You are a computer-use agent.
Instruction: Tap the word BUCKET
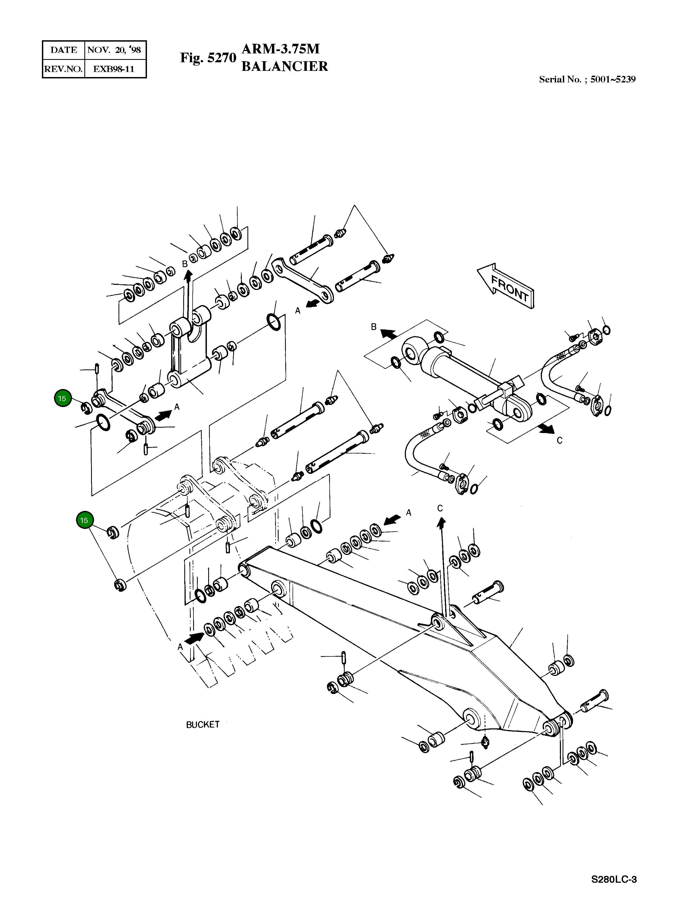(203, 725)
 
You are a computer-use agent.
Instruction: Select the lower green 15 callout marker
(84, 521)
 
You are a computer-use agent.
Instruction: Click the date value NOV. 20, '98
(114, 50)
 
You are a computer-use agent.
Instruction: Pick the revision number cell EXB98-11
(114, 69)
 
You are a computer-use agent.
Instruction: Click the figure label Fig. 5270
(208, 58)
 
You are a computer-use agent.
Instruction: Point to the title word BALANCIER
(285, 66)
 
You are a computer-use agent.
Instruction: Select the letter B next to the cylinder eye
(373, 327)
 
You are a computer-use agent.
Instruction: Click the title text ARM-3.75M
(281, 49)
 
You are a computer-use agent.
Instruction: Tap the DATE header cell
(63, 50)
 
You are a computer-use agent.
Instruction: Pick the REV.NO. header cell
(63, 69)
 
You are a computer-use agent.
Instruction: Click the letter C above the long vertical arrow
(440, 508)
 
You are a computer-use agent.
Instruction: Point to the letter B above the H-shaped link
(185, 264)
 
